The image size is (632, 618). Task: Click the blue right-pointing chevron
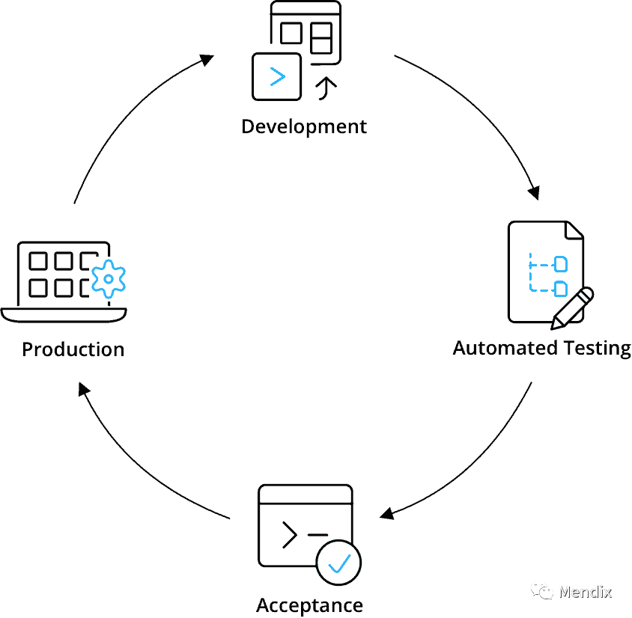[278, 76]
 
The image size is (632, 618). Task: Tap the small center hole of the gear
[109, 279]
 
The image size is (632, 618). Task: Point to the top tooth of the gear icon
[109, 263]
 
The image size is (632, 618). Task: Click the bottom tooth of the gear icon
[109, 295]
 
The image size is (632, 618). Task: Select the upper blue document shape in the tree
[561, 264]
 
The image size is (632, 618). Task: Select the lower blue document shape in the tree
[561, 289]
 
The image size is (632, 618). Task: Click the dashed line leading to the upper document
[542, 265]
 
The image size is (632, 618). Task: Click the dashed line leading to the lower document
[542, 290]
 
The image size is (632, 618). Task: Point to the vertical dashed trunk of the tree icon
[530, 274]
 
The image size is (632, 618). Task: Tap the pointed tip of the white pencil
[556, 325]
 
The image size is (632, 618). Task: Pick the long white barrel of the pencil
[573, 308]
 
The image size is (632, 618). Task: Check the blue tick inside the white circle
[339, 563]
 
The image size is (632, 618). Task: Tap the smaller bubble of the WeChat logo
[547, 593]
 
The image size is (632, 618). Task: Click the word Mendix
[585, 592]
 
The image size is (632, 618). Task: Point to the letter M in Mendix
[566, 592]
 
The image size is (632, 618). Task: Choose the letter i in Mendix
[600, 591]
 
